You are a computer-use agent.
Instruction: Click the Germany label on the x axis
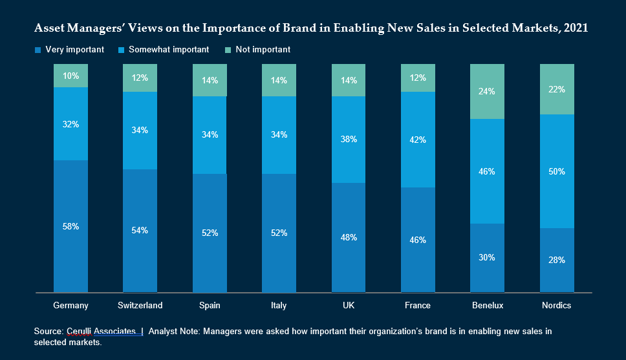[71, 305]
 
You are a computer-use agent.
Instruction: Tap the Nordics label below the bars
[557, 305]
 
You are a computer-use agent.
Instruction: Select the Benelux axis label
[488, 305]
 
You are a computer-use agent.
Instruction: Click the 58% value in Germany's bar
[71, 226]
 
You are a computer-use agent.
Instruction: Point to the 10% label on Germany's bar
[71, 76]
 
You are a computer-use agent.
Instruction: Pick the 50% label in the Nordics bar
[557, 171]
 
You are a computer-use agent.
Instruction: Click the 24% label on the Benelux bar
[488, 91]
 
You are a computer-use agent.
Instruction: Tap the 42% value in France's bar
[418, 139]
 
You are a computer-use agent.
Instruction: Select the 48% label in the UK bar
[349, 237]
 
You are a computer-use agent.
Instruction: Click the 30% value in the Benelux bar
[488, 257]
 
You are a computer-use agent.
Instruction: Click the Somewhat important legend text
[169, 50]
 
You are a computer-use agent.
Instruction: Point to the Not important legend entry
[263, 50]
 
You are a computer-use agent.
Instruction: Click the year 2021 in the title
[576, 28]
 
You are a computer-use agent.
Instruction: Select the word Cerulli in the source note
[79, 331]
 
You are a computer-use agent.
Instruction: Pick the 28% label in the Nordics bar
[557, 260]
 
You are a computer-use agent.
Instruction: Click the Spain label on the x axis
[210, 305]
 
